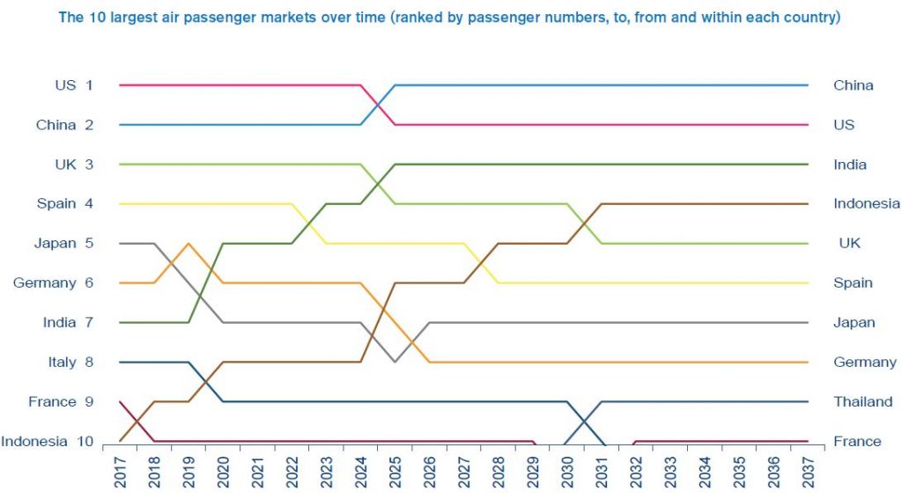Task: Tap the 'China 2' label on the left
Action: tap(64, 125)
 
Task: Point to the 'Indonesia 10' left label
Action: tap(48, 441)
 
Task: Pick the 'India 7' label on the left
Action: tap(68, 323)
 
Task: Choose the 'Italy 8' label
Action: tap(70, 362)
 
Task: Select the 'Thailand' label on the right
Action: tap(862, 401)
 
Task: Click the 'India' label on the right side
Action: tap(850, 165)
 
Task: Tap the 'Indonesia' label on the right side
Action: tap(866, 204)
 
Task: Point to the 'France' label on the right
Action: tap(857, 441)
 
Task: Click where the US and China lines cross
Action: tap(378, 105)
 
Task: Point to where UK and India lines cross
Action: tap(378, 184)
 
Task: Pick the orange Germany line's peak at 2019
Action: tap(189, 244)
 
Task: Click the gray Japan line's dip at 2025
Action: tap(395, 362)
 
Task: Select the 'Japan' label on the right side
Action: tap(854, 323)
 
